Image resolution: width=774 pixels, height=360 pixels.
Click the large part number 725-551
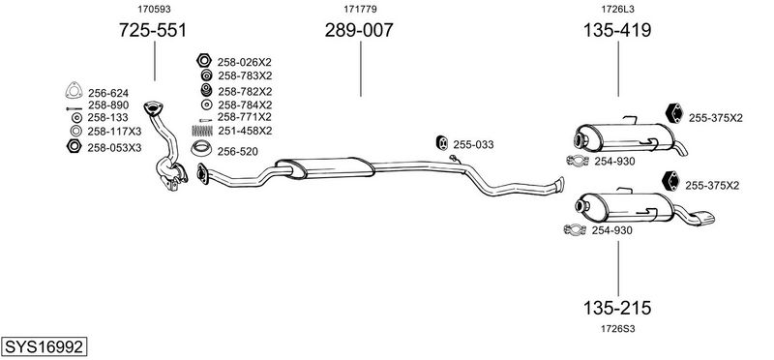coord(153,31)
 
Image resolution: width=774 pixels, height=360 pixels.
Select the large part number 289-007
coord(359,31)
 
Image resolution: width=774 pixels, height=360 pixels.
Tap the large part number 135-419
coord(617,31)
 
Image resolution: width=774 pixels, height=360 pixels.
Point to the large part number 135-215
coord(617,308)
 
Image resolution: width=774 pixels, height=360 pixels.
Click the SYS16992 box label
coord(44,346)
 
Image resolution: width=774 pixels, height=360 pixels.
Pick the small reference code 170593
coord(151,9)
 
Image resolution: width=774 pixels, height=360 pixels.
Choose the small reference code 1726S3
coord(617,329)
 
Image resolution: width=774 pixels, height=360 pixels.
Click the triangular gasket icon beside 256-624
coord(74,91)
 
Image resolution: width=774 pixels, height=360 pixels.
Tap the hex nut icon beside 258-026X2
coord(204,61)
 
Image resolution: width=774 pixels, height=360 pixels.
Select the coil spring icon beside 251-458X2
coord(202,131)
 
